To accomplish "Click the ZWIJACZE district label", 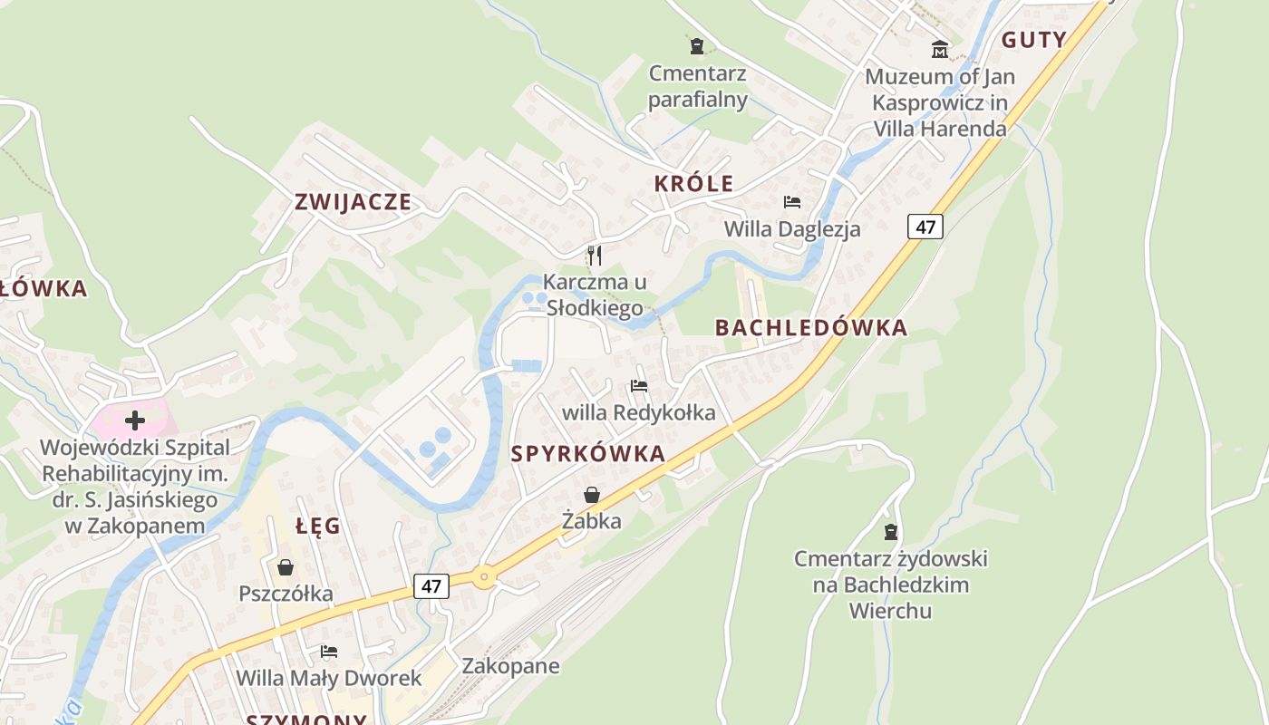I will pos(353,202).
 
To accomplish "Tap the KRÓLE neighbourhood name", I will pos(693,183).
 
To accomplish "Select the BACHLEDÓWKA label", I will pos(811,328).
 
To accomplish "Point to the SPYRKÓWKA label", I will pos(588,454).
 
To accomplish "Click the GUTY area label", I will pos(1034,40).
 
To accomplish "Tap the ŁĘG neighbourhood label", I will pos(318,526).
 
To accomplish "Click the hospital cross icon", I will pos(134,420).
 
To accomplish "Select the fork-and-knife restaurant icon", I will pos(594,255).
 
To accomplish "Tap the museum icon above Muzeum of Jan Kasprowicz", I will pos(940,48).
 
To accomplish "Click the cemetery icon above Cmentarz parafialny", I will pos(696,45).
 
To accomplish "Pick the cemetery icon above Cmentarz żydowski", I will pos(890,531).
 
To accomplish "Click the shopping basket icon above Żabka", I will pos(591,494).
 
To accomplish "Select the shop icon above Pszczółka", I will pos(286,567).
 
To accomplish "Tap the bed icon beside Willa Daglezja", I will pos(791,202).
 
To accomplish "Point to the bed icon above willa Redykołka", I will pos(639,386).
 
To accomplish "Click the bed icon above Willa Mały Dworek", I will pos(329,652).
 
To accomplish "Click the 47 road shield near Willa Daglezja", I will pos(925,226).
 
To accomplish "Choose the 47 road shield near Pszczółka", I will pos(431,586).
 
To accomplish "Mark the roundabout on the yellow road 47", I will pos(484,575).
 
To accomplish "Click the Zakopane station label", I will pos(510,666).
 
